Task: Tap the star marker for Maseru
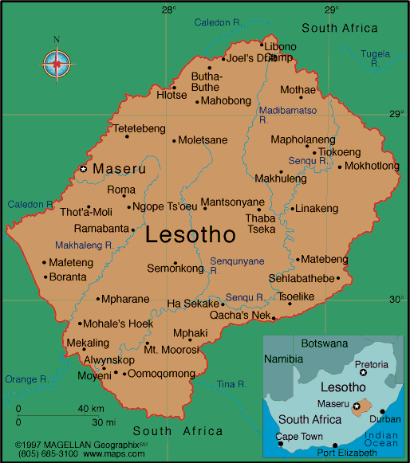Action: point(82,169)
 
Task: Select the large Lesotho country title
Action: point(191,235)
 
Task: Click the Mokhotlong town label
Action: point(373,167)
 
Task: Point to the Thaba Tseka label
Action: point(261,223)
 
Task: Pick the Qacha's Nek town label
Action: point(239,316)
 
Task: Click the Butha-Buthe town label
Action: point(207,82)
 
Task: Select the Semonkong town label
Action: point(175,269)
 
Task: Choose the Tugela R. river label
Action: point(376,54)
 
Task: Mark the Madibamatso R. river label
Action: point(287,110)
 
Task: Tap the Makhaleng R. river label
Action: point(84,245)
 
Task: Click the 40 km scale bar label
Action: point(90,409)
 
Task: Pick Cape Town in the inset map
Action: point(299,436)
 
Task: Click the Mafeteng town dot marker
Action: point(44,262)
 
